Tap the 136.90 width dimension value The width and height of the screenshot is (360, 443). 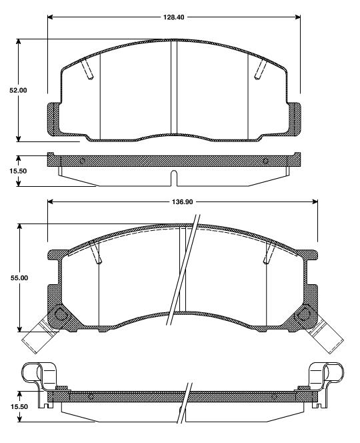[182, 201]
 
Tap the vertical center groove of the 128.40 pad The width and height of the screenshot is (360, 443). [174, 87]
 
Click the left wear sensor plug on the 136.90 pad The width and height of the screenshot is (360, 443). [35, 338]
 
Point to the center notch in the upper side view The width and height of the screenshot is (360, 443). [174, 178]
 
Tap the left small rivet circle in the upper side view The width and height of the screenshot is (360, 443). [82, 161]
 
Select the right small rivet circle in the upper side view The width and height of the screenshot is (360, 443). [265, 161]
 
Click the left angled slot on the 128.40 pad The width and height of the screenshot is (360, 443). [86, 69]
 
